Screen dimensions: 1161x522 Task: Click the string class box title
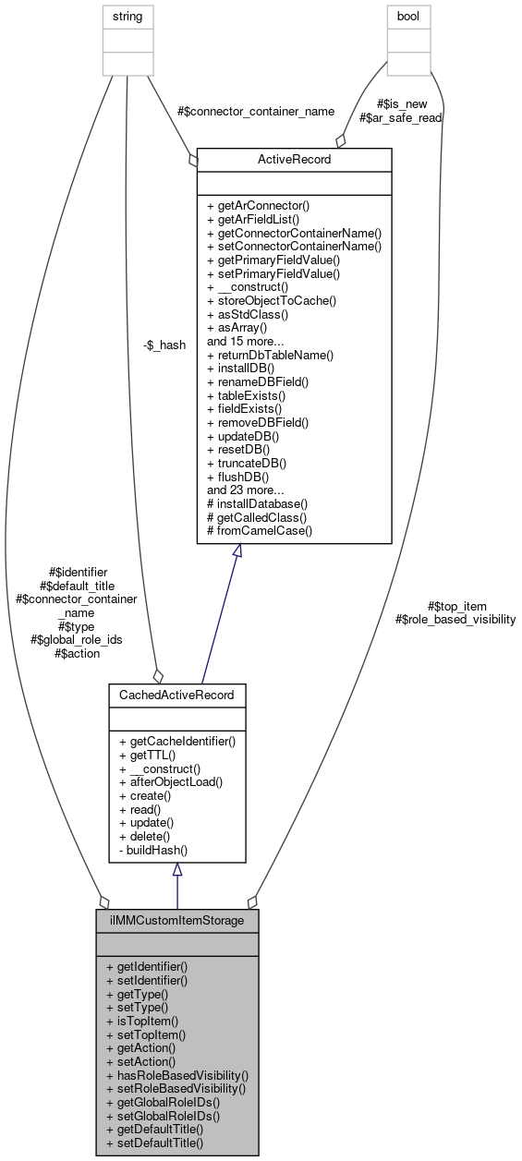click(127, 16)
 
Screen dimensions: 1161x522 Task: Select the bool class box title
click(407, 16)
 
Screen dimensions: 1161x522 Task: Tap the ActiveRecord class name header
click(295, 160)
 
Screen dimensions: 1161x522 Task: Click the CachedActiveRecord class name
click(177, 694)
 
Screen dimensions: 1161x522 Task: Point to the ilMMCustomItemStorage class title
click(177, 921)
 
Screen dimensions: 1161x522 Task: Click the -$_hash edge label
click(164, 345)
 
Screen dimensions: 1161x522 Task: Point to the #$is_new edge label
click(400, 104)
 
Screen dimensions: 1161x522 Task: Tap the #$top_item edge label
click(456, 606)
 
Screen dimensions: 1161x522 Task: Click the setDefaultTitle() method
click(154, 1143)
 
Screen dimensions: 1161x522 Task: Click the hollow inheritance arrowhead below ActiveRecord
click(237, 551)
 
